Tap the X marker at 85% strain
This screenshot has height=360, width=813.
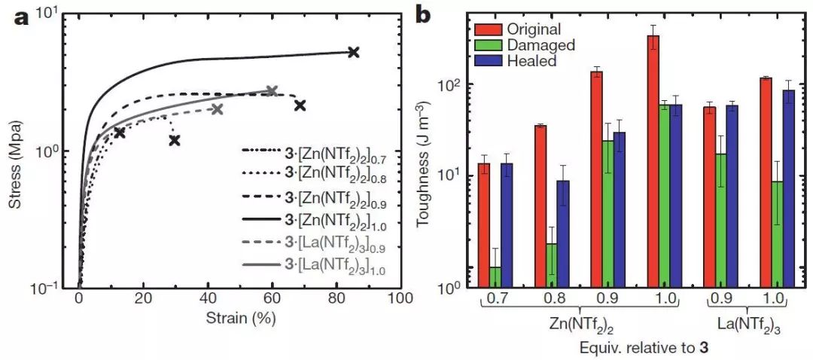(x=354, y=52)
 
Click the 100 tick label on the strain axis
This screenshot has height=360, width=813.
(x=400, y=298)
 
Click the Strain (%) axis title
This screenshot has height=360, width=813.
(x=239, y=318)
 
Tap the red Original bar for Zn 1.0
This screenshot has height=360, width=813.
(x=653, y=161)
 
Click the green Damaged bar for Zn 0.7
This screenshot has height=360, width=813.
(x=495, y=277)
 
